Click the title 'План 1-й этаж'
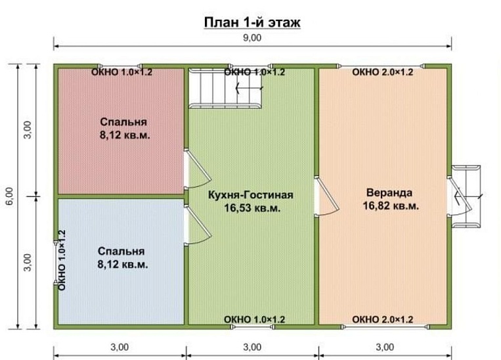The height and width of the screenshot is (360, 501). (252, 23)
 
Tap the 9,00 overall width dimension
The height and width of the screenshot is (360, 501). (252, 37)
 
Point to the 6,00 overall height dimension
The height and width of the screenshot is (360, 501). (10, 196)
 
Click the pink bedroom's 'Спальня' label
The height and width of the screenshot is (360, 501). (123, 122)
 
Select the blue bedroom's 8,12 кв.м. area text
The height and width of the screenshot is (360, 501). (123, 264)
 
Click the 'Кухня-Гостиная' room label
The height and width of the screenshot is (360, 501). (251, 194)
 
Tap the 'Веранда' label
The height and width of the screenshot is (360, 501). (389, 192)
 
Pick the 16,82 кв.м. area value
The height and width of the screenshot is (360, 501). (391, 206)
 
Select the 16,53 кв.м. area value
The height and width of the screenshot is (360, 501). (252, 208)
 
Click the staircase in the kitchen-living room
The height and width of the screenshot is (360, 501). (227, 88)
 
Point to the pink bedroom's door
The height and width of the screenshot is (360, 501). (197, 169)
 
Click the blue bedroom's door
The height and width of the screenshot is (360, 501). (197, 225)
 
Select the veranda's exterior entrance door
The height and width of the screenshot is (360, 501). (459, 196)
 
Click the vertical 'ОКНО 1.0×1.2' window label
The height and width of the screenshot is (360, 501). (62, 260)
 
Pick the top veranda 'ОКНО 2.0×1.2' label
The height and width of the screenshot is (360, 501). (382, 72)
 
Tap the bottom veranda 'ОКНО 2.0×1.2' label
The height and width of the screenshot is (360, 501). (382, 319)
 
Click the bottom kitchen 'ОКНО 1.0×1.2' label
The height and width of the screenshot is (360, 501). (254, 319)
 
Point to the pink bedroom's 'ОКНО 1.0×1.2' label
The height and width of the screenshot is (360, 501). (121, 72)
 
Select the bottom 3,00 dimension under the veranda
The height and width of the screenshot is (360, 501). (385, 348)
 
